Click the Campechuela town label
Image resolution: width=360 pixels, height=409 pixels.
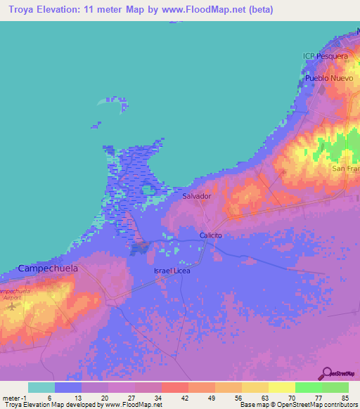tap(48, 268)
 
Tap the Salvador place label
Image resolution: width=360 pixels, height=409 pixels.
tap(197, 196)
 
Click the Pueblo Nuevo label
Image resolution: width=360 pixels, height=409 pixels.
tap(327, 79)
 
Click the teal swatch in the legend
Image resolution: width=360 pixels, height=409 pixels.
tap(41, 387)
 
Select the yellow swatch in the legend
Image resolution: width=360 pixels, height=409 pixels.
tap(281, 387)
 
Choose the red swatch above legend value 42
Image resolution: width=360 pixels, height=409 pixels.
tap(174, 387)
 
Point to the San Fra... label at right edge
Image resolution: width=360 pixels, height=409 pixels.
tap(346, 169)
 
